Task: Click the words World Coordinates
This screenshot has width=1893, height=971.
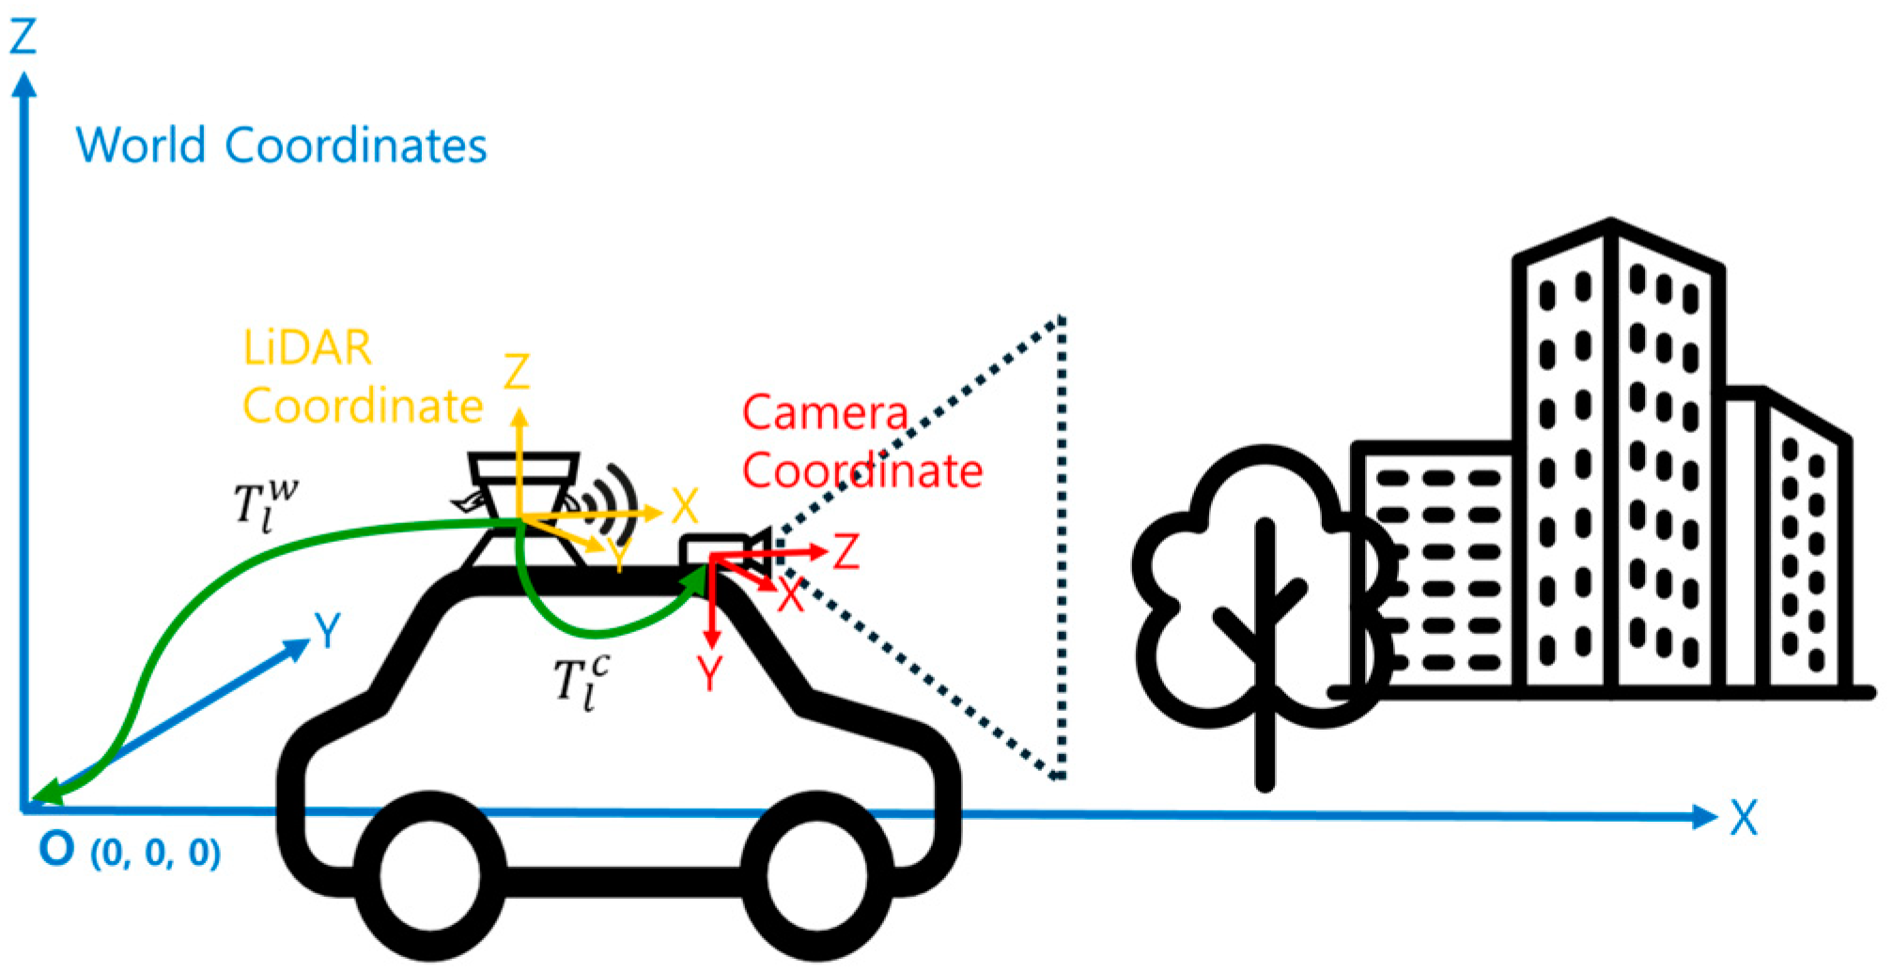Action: (281, 146)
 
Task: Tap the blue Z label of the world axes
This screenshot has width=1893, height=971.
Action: (23, 37)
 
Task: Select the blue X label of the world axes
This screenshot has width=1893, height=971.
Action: (1744, 818)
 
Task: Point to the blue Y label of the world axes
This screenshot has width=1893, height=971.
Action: (327, 631)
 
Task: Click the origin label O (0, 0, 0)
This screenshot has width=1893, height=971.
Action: (130, 850)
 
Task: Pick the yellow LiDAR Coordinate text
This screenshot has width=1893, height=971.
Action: (362, 377)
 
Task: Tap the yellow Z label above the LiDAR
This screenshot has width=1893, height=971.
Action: (517, 372)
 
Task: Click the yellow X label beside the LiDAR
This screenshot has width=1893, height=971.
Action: (685, 507)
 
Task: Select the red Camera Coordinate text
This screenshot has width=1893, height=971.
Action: (861, 441)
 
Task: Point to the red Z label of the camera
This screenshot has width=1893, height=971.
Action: (846, 552)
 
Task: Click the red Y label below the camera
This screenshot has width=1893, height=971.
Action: (710, 673)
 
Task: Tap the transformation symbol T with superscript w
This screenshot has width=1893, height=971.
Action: (265, 505)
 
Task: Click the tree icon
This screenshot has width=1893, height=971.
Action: (1264, 601)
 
